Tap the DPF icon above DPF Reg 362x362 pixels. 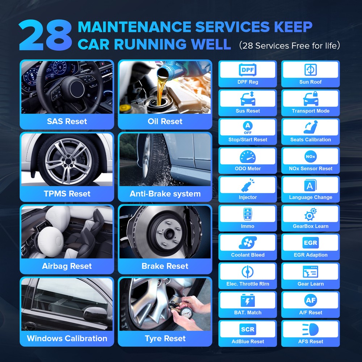click(248, 70)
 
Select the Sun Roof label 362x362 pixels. click(310, 82)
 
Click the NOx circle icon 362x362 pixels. click(310, 156)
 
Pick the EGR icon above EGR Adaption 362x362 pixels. click(310, 243)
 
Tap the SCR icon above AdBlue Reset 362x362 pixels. click(248, 329)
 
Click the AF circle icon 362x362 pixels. click(310, 300)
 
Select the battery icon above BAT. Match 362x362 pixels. click(248, 300)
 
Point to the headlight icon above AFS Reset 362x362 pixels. click(310, 329)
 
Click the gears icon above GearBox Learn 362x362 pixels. click(310, 214)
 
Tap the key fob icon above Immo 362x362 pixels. click(248, 214)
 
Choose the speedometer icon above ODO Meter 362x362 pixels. click(248, 156)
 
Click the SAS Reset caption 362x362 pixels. click(67, 121)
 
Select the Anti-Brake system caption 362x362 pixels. click(165, 194)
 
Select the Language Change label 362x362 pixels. click(310, 197)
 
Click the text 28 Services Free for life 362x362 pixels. click(289, 46)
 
